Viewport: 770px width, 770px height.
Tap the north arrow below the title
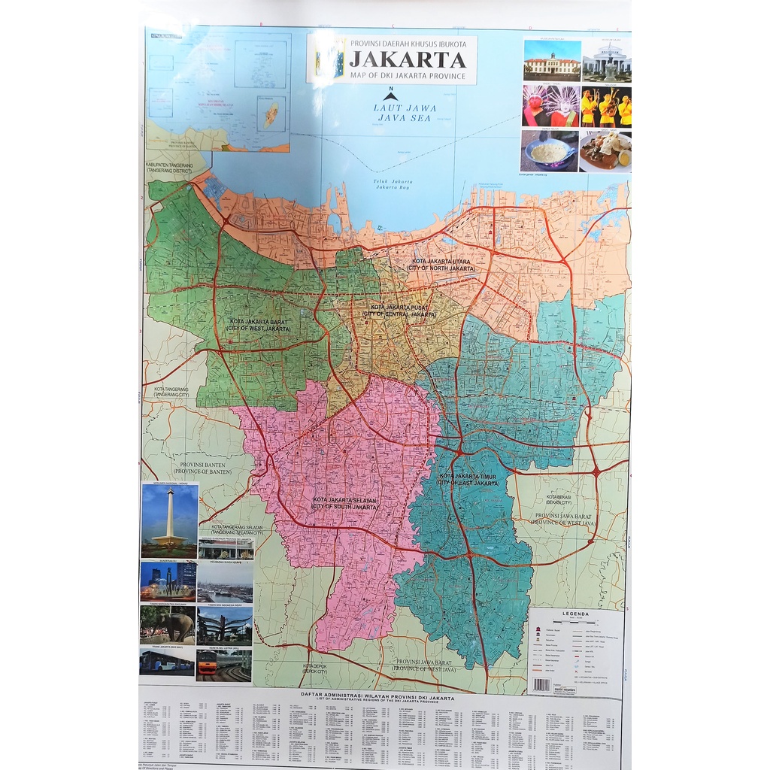point(390,95)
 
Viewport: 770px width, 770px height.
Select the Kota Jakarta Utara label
point(441,265)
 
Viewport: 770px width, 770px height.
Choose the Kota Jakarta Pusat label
point(403,310)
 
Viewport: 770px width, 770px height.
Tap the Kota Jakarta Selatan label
point(345,503)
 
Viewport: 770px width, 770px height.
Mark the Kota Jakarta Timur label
point(469,479)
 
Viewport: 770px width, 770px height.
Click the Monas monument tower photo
point(170,520)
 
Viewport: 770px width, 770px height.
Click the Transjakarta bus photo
point(167,662)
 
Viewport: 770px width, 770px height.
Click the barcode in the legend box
point(541,684)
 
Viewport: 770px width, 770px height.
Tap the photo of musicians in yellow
point(605,107)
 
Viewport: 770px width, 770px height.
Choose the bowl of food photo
point(549,151)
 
